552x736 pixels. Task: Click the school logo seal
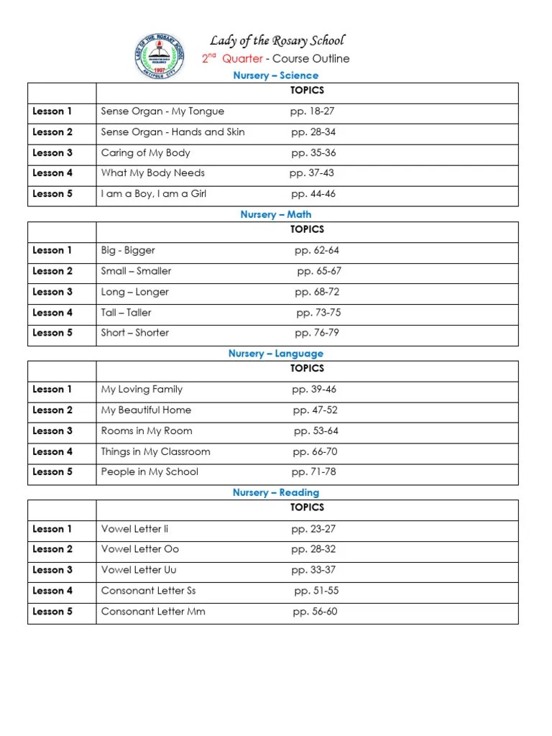(160, 57)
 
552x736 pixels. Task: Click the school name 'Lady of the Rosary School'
(277, 40)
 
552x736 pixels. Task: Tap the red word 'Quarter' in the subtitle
(242, 59)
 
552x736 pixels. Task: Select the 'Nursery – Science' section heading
(276, 75)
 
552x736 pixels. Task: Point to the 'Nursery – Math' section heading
(276, 214)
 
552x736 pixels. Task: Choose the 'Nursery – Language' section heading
(276, 354)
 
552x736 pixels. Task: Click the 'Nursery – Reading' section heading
(276, 492)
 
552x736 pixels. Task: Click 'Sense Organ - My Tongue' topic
(162, 111)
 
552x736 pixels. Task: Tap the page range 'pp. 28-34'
(313, 132)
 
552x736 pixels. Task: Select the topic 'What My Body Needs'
(153, 173)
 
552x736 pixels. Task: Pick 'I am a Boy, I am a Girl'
(154, 194)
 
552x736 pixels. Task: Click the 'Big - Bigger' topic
(128, 251)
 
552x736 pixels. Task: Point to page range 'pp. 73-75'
(318, 313)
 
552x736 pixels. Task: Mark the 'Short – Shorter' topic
(135, 333)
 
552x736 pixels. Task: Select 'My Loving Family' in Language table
(142, 390)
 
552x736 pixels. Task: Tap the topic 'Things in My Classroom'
(156, 452)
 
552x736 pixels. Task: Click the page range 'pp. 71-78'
(314, 472)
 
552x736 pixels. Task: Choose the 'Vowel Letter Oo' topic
(140, 549)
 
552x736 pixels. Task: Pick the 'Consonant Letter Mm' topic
(153, 612)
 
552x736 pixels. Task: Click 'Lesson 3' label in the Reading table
(52, 570)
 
